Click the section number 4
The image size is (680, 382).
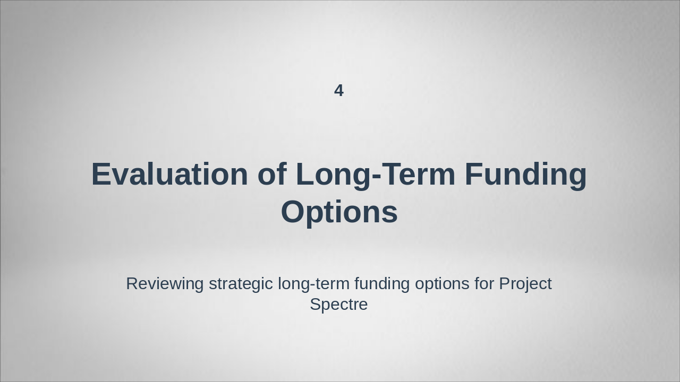click(339, 91)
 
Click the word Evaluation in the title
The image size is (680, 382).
click(169, 174)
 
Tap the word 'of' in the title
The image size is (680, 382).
click(272, 174)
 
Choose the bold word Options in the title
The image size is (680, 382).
click(339, 212)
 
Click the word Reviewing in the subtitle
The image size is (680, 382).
click(165, 284)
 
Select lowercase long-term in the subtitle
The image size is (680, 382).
click(313, 284)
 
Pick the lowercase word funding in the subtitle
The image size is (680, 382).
click(382, 284)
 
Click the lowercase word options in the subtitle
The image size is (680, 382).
click(442, 284)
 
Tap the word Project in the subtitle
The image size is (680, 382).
click(525, 284)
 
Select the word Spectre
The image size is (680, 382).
click(339, 305)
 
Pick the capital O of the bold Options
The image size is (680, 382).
click(293, 212)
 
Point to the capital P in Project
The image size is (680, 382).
click(505, 284)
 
